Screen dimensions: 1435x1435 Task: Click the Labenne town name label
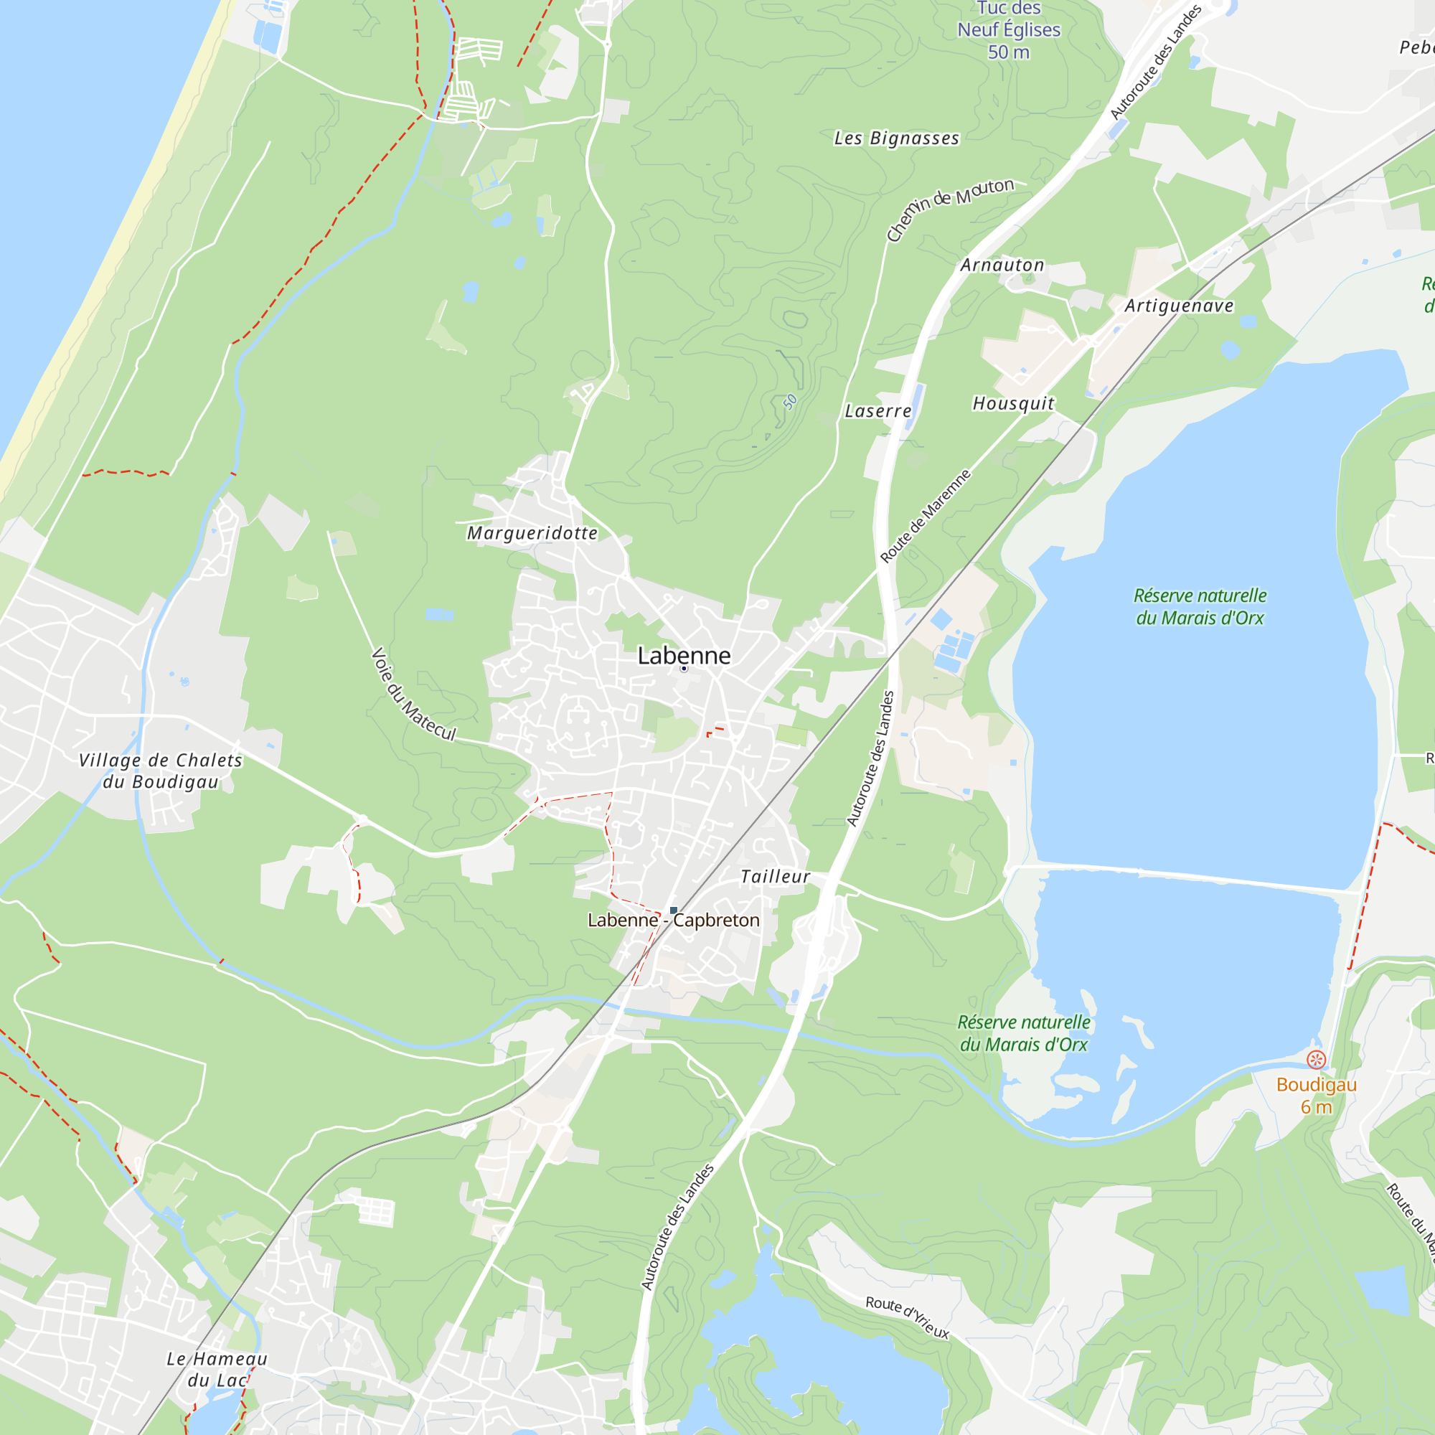pos(684,655)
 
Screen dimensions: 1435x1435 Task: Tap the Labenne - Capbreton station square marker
pos(674,911)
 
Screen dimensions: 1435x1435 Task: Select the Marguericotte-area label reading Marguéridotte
pos(532,533)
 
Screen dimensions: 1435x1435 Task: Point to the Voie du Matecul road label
pos(413,695)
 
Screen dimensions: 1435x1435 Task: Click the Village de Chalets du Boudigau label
pos(161,771)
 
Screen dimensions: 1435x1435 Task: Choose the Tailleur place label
pos(776,878)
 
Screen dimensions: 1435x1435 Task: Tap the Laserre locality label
pos(878,411)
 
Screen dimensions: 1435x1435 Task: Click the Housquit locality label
pos(1013,403)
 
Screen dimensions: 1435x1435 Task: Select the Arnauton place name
pos(1002,265)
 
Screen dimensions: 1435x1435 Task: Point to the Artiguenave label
pos(1179,306)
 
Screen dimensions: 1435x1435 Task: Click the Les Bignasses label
pos(896,139)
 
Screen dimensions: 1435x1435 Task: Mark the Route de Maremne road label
pos(926,515)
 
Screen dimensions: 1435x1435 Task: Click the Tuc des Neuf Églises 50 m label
pos(1008,29)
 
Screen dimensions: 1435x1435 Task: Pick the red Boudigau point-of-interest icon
pos(1316,1060)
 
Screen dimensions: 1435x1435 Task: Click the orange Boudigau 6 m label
pos(1316,1096)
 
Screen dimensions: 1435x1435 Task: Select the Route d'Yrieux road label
pos(907,1317)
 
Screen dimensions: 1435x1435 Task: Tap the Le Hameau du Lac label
pos(216,1369)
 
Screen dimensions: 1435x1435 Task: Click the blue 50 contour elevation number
pos(789,402)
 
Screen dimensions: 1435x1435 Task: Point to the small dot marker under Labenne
pos(684,669)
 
